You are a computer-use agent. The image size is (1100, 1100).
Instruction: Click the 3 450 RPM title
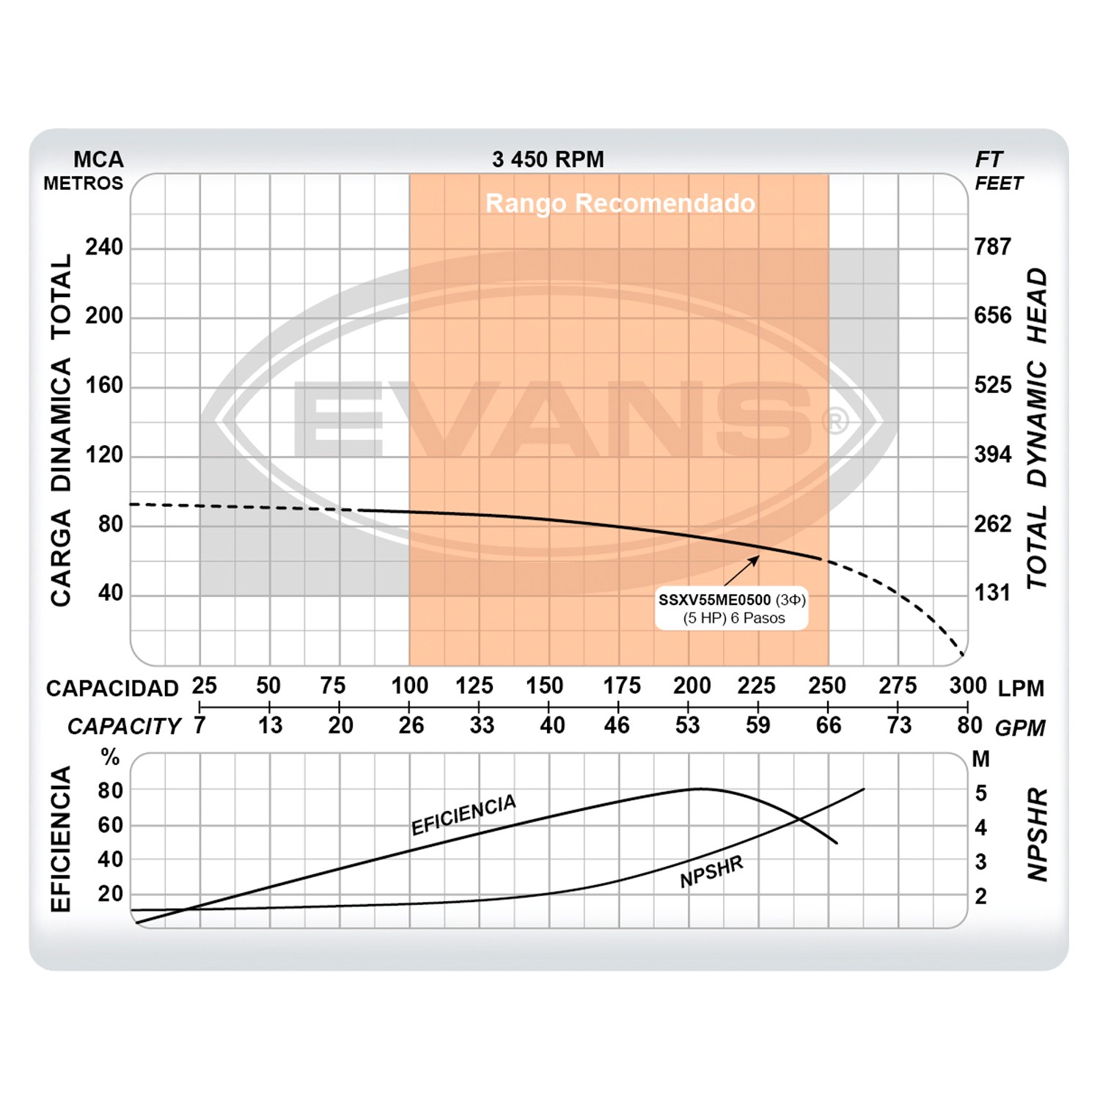[548, 159]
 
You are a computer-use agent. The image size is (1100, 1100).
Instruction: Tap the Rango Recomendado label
[620, 203]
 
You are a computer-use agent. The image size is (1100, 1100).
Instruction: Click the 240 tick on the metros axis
[104, 247]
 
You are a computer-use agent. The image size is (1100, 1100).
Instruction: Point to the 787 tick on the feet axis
[993, 247]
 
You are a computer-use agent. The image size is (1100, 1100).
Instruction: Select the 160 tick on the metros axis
[104, 385]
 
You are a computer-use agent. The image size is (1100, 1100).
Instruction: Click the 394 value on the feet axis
[993, 455]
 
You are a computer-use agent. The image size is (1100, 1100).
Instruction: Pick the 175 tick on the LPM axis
[621, 686]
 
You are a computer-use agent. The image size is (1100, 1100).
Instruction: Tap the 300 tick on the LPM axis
[967, 686]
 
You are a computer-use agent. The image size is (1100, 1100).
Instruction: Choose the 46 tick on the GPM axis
[617, 725]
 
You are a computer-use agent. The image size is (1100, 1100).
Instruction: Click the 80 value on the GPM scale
[969, 725]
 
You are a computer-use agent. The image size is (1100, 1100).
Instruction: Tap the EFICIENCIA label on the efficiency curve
[463, 815]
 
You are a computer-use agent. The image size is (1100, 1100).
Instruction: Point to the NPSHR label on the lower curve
[711, 872]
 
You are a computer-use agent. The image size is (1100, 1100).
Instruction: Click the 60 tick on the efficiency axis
[111, 825]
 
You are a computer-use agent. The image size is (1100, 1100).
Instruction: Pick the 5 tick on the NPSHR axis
[980, 793]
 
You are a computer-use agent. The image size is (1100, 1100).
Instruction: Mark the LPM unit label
[1021, 689]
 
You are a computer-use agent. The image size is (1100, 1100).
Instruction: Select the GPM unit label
[1020, 728]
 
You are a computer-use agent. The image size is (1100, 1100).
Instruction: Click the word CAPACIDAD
[112, 689]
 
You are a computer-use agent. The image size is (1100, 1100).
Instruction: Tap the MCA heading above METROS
[98, 159]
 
